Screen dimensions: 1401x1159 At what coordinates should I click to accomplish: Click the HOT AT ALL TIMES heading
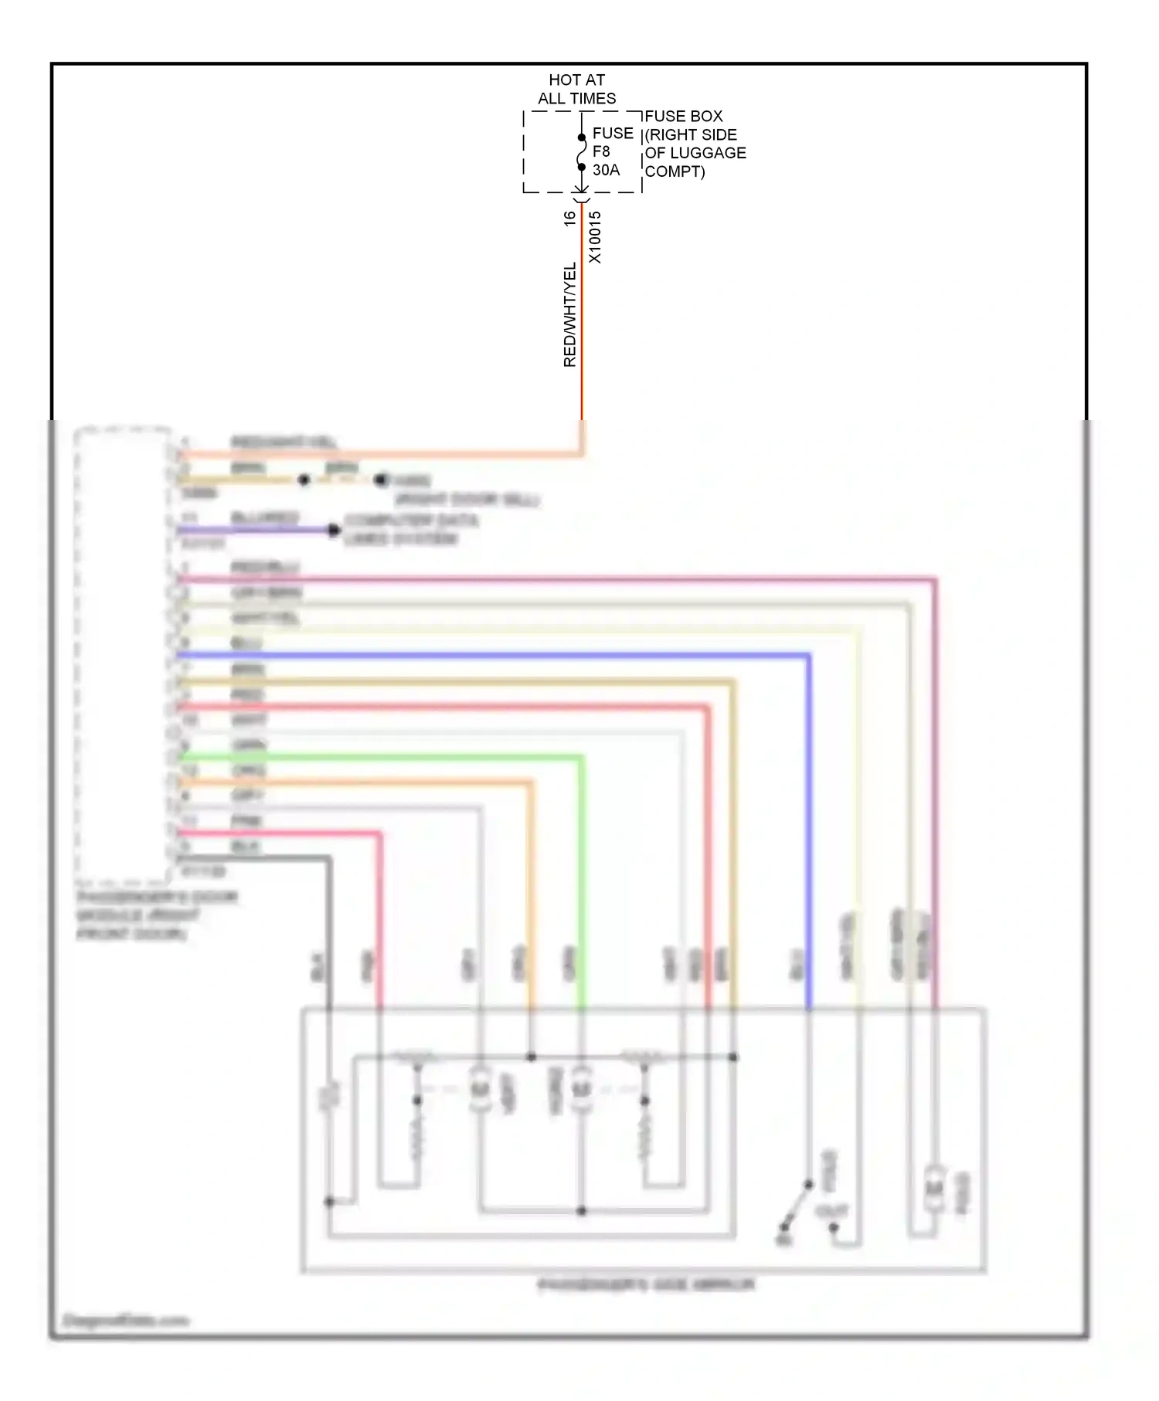[576, 89]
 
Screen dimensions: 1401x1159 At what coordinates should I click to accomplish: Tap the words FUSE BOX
[683, 116]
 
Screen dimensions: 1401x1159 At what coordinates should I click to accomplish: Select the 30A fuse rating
[606, 170]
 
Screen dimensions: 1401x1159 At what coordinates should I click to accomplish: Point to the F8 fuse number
[601, 151]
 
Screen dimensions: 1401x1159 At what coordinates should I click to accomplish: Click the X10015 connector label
[595, 237]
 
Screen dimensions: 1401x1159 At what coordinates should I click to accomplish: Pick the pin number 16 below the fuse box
[569, 219]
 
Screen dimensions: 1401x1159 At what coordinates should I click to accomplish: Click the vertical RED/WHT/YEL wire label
[570, 315]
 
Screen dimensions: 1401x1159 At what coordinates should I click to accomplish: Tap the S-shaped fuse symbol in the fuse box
[582, 152]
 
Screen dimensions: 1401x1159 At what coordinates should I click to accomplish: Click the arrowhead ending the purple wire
[334, 530]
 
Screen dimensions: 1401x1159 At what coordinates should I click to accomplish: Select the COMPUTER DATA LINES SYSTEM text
[410, 529]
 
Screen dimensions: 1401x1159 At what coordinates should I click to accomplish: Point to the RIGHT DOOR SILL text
[467, 500]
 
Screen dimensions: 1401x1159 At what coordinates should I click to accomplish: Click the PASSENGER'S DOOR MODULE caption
[155, 915]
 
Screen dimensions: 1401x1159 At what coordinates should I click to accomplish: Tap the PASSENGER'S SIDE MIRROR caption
[646, 1285]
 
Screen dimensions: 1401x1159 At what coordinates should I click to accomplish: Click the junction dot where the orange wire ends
[531, 1057]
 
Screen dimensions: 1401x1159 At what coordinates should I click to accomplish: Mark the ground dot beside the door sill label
[380, 480]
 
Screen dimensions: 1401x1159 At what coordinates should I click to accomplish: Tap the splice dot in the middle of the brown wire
[304, 480]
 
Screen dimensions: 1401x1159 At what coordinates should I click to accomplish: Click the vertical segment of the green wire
[582, 880]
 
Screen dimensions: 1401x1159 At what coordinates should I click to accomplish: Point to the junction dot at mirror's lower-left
[329, 1202]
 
